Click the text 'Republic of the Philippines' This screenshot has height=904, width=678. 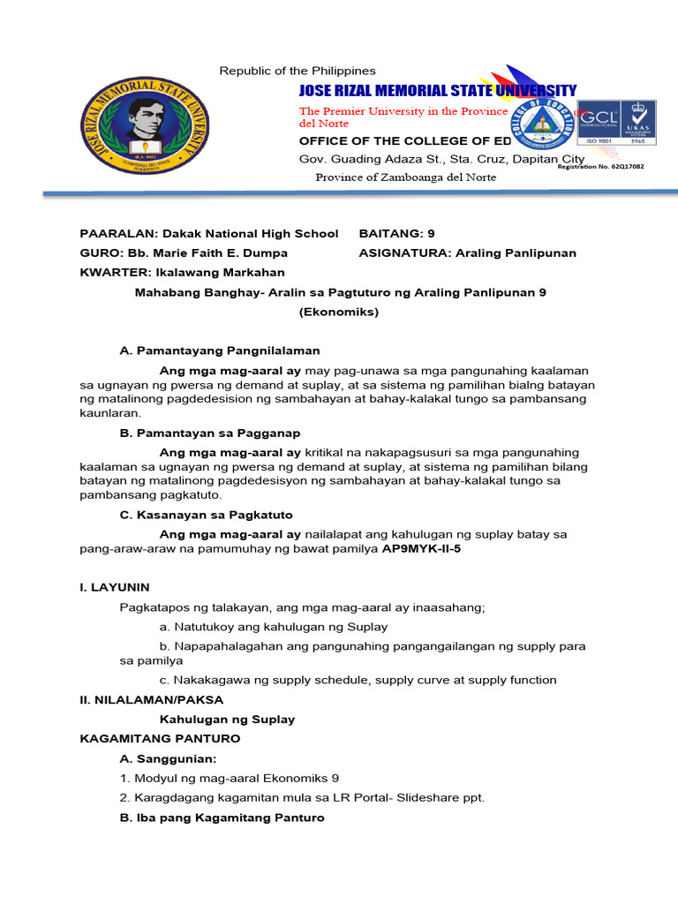tap(298, 71)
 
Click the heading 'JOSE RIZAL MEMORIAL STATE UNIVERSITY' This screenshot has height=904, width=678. tap(437, 90)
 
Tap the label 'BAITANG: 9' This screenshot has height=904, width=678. tap(396, 234)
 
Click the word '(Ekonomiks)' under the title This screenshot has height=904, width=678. tap(339, 312)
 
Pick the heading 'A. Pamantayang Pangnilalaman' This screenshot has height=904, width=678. tap(220, 350)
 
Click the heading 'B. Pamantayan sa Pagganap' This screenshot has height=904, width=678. tap(210, 433)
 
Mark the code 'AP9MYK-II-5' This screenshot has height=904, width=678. tap(421, 548)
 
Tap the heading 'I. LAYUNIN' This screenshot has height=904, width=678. tap(115, 587)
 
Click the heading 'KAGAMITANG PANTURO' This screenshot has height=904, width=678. tap(160, 738)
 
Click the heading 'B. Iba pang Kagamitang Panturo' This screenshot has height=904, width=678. tap(222, 817)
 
